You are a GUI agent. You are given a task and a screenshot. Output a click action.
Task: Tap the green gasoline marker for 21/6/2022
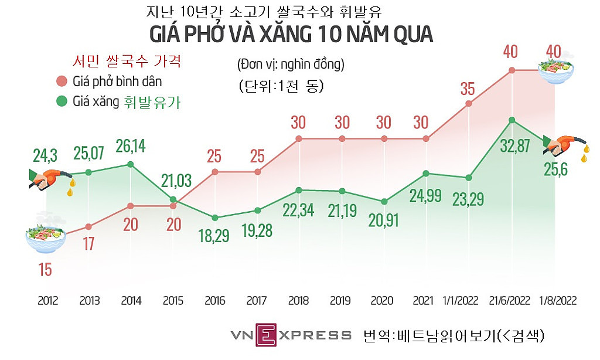[512, 120]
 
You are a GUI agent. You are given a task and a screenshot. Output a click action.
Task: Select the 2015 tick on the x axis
[173, 301]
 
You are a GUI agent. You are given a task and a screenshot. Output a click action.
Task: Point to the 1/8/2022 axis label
[558, 301]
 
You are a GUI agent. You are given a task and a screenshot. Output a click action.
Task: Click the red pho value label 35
[468, 90]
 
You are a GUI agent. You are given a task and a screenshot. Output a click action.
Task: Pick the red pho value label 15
[45, 270]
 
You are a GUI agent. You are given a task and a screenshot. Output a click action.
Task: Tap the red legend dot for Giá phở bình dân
[62, 81]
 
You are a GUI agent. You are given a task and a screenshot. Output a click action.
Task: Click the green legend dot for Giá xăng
[62, 101]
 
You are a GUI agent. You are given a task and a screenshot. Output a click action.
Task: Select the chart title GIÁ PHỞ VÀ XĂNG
[291, 35]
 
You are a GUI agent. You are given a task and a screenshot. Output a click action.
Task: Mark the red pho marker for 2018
[299, 139]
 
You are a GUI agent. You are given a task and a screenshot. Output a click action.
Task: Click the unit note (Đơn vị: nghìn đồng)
[291, 64]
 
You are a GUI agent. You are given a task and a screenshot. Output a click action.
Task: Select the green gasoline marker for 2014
[131, 164]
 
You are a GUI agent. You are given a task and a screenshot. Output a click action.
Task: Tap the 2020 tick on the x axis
[384, 301]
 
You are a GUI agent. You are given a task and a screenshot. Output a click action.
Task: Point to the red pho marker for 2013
[88, 226]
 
